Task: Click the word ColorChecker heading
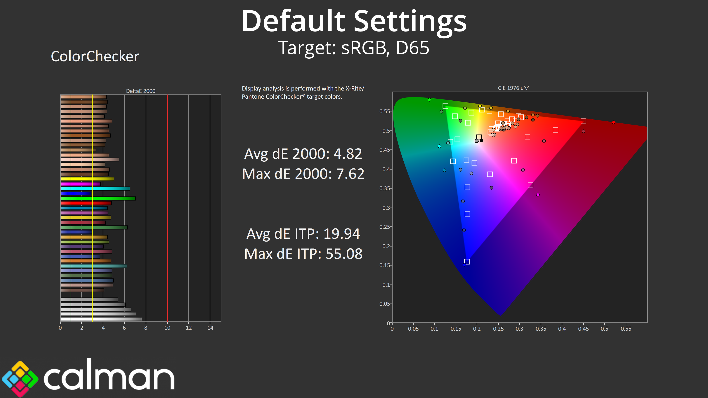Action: tap(95, 57)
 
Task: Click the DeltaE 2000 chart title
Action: tap(140, 91)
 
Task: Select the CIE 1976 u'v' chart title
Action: tap(513, 88)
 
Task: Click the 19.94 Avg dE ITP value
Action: tap(342, 234)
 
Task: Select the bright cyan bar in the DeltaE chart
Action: tap(95, 189)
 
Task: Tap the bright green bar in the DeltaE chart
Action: tap(98, 198)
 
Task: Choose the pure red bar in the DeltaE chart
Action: tap(86, 203)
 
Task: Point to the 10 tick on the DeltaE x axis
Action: tap(167, 328)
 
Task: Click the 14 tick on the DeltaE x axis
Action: tap(210, 328)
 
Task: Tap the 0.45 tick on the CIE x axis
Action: tap(583, 329)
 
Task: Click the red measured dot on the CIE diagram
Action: tap(613, 122)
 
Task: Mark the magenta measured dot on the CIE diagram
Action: tap(538, 195)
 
